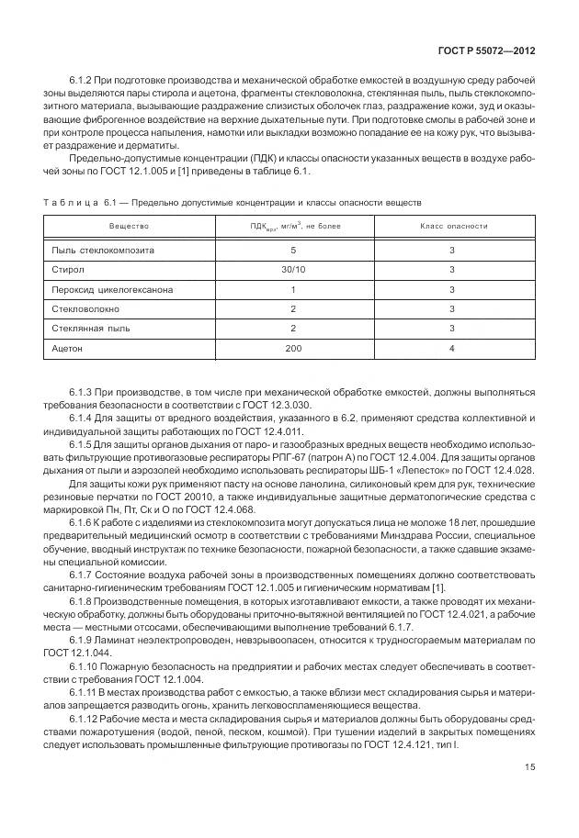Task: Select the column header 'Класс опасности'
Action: (453, 225)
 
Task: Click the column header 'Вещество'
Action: (129, 225)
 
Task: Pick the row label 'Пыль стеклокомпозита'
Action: (103, 250)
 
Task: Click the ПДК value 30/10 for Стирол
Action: (293, 270)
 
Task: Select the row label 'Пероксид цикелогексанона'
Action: (113, 289)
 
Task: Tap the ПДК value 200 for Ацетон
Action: (293, 349)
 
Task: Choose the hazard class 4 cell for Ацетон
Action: (452, 349)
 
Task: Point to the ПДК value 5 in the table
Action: (293, 250)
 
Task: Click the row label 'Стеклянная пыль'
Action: (90, 329)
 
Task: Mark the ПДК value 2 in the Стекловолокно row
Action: (293, 309)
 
